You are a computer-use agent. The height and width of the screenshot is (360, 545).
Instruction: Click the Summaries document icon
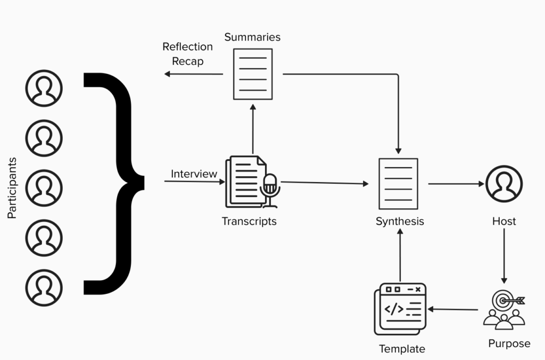(253, 74)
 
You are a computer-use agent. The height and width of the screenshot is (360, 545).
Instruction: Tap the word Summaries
(252, 37)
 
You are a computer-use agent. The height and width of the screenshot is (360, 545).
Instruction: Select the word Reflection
(187, 47)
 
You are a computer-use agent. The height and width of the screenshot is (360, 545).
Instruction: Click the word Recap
(187, 61)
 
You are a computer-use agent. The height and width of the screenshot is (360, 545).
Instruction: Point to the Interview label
(194, 174)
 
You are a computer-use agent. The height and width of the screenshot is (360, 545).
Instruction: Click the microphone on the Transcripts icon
(270, 188)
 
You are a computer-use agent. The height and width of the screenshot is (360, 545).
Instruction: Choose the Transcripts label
(249, 221)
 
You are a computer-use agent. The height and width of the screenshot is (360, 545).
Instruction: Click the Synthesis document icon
(398, 184)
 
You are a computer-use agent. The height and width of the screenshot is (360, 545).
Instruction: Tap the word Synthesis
(400, 221)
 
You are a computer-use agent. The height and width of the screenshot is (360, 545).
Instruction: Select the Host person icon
(504, 184)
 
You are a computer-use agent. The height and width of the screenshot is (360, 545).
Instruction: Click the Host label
(504, 221)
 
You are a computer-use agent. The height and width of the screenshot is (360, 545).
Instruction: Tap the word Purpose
(509, 343)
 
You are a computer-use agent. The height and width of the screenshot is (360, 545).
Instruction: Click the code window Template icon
(401, 308)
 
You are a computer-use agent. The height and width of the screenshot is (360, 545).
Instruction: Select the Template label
(402, 349)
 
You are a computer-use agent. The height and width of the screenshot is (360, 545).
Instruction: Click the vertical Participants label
(12, 187)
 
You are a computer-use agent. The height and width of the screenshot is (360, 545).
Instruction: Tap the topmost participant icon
(44, 88)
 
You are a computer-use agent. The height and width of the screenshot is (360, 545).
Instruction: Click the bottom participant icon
(44, 288)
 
